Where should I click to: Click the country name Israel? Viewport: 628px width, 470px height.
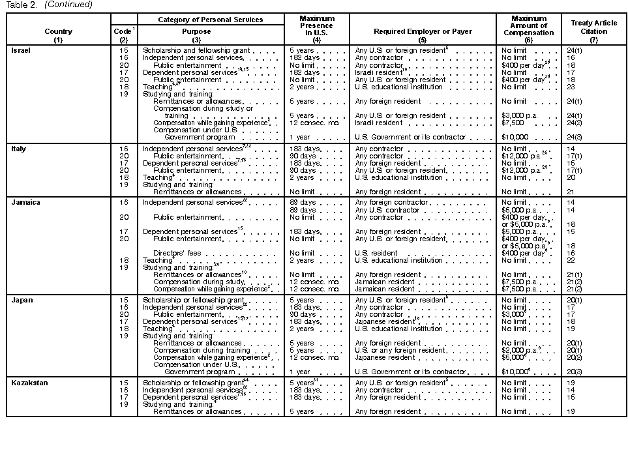pyautogui.click(x=22, y=50)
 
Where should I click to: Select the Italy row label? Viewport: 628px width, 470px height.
pyautogui.click(x=19, y=149)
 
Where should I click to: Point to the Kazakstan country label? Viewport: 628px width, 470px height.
pyautogui.click(x=30, y=383)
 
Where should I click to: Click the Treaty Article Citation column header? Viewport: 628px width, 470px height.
pyautogui.click(x=593, y=27)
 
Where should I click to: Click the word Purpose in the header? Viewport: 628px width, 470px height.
pyautogui.click(x=196, y=31)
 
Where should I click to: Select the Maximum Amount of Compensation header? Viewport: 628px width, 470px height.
pyautogui.click(x=528, y=27)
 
